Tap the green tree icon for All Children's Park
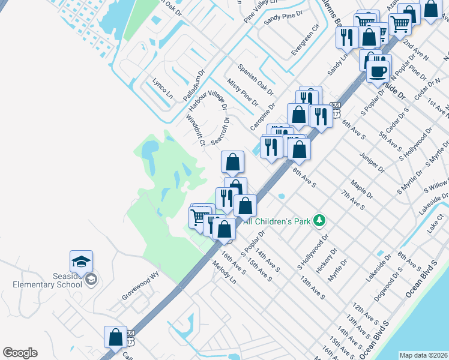(x=321, y=221)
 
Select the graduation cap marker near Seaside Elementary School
(x=81, y=262)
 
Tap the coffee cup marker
(x=378, y=71)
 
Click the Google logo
(x=20, y=352)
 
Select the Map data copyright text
(x=423, y=355)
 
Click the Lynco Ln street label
(x=162, y=88)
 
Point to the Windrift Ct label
(x=196, y=130)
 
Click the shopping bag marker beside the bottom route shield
(x=115, y=337)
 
